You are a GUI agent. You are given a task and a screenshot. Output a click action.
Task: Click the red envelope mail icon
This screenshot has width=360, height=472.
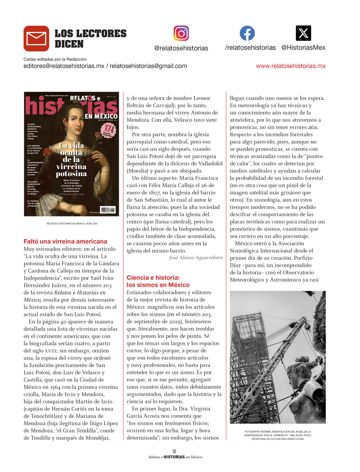tap(36, 38)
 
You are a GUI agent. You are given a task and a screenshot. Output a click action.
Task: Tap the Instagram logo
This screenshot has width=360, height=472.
tap(181, 33)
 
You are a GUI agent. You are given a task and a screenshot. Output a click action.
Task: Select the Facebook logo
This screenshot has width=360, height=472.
tap(247, 33)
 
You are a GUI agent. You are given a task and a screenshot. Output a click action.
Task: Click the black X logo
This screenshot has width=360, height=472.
tap(303, 33)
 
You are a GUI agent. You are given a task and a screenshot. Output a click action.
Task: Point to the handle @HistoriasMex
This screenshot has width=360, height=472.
tap(303, 48)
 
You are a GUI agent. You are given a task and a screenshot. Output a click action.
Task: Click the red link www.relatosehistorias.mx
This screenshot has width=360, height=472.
tap(290, 66)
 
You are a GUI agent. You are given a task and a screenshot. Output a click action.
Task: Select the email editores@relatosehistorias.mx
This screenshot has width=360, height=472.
tap(64, 66)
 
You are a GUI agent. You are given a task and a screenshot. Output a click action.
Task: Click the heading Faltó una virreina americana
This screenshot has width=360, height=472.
tap(65, 241)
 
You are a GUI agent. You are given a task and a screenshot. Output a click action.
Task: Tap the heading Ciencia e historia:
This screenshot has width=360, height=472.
tap(153, 277)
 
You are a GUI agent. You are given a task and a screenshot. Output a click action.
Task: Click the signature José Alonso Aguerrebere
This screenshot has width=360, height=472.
tap(196, 258)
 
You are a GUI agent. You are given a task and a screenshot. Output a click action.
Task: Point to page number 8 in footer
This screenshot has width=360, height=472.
tap(174, 451)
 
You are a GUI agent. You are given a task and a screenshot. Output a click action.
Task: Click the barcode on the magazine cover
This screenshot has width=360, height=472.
tap(107, 210)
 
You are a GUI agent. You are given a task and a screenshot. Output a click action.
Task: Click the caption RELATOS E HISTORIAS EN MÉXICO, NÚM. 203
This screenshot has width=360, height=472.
tap(72, 224)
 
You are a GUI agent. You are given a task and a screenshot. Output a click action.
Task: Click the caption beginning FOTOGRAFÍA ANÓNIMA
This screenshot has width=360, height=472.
tap(277, 435)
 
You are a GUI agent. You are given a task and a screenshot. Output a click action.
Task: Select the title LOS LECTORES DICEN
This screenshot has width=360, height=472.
tap(90, 38)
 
